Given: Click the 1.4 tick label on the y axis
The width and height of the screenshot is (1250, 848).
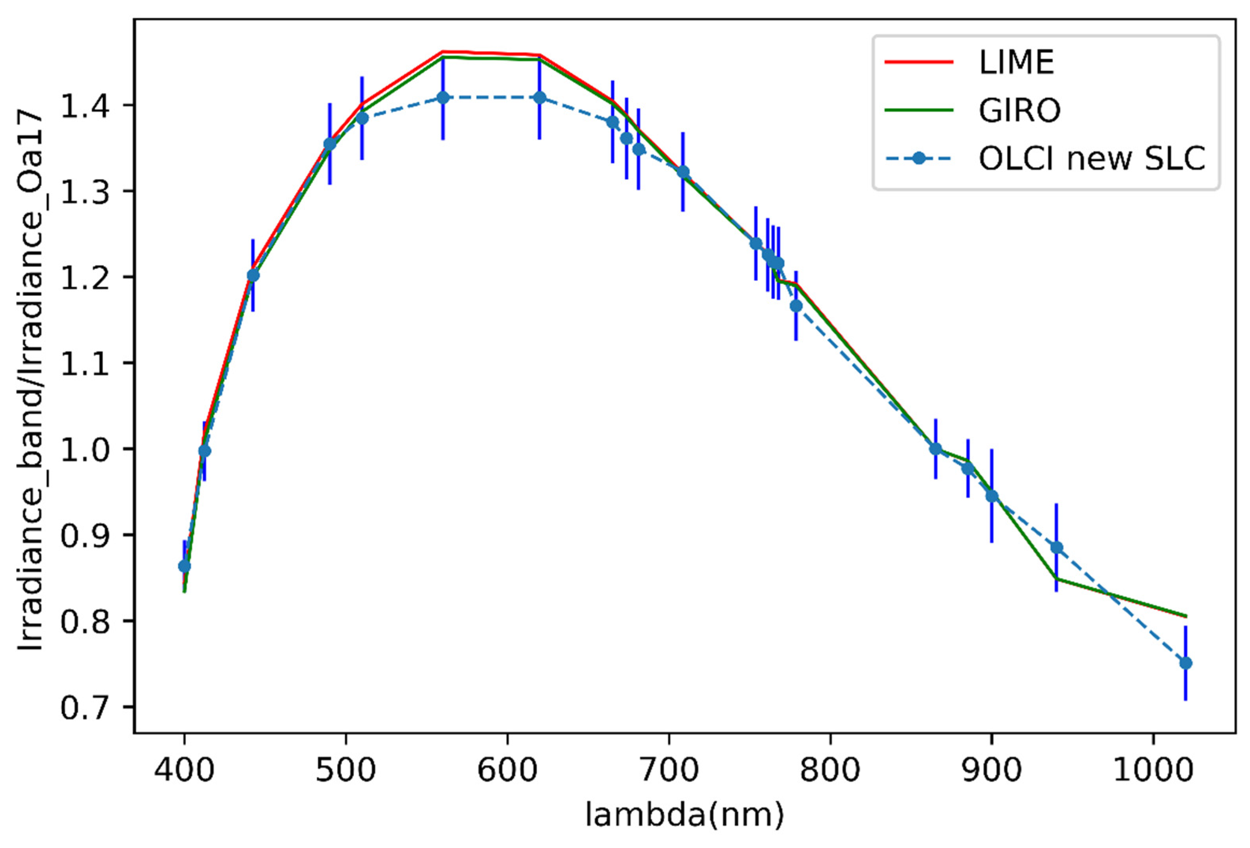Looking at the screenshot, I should coord(84,105).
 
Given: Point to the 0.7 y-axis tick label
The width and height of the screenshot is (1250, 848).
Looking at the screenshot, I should coord(84,707).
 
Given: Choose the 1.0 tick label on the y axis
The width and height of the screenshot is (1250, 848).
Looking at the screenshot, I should coord(84,450).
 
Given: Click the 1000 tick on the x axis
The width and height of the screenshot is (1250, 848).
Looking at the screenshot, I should coord(1153,770).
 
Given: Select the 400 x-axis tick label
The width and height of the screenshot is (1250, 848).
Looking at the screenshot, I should coord(184,770).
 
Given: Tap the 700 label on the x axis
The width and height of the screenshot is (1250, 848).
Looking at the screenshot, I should coord(669,770).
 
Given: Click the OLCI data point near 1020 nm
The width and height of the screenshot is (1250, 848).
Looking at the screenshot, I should coord(1185,663).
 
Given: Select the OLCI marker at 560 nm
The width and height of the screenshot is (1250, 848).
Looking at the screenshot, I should coord(443,97).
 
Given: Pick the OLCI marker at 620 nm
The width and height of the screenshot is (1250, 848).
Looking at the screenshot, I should coord(540,97).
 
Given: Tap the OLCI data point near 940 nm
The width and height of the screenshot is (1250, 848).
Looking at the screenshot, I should coord(1056,547).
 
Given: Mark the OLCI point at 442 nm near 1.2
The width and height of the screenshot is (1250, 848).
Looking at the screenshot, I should coord(253,275).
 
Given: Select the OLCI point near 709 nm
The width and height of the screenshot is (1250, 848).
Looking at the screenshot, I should coord(683,172).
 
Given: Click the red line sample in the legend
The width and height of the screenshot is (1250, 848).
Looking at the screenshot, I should coord(919,62).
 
